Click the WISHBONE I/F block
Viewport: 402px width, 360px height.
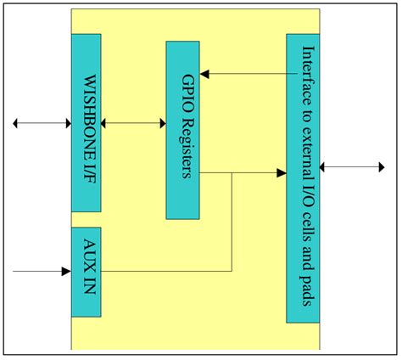(86, 122)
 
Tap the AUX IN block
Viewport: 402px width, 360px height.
(86, 272)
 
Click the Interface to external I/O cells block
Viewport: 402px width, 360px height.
(303, 178)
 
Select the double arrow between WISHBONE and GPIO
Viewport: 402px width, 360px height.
(133, 124)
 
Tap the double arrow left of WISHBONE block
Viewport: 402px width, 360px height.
(42, 124)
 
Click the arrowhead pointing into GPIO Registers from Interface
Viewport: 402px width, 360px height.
(205, 74)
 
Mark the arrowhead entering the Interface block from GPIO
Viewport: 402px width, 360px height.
(281, 174)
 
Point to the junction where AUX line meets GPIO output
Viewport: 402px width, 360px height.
(232, 174)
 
